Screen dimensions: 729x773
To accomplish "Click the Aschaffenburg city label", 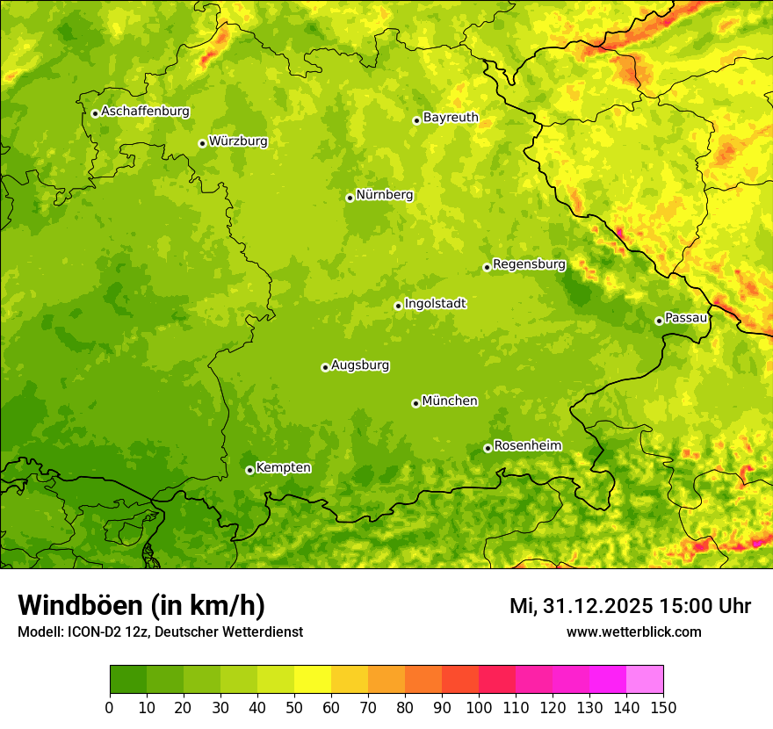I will click(145, 112).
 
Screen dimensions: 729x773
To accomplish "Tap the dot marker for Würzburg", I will click(202, 143).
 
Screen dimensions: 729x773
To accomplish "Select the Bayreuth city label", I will click(451, 117).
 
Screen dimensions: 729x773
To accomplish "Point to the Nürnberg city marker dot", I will click(350, 198).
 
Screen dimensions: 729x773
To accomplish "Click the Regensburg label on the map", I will click(529, 263).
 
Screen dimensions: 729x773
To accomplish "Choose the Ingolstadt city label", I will click(435, 303).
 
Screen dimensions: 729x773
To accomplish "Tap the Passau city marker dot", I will click(659, 321).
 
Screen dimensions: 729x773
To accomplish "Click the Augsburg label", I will click(360, 364).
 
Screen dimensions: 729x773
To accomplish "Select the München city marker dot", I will click(415, 403).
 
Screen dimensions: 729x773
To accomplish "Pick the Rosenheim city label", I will click(527, 445).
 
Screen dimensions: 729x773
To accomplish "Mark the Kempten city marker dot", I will click(249, 470).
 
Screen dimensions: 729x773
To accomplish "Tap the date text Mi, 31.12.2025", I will click(582, 606).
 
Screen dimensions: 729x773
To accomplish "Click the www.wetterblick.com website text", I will click(633, 632).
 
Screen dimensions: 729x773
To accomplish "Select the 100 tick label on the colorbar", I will click(479, 708).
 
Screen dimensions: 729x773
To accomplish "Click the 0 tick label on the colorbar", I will click(110, 708).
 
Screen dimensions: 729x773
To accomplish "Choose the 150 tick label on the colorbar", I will click(663, 708).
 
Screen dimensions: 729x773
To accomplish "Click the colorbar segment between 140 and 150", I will click(645, 680).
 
